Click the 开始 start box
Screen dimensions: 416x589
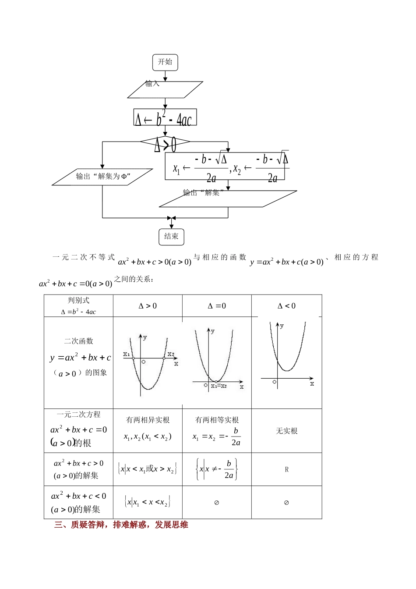pyautogui.click(x=165, y=62)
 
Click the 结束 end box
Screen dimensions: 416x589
pyautogui.click(x=171, y=237)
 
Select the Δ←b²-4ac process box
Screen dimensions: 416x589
pyautogui.click(x=165, y=118)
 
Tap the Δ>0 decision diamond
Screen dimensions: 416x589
pyautogui.click(x=165, y=142)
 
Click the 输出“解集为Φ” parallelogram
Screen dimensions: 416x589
pyautogui.click(x=103, y=177)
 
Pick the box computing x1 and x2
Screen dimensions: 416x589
pyautogui.click(x=225, y=166)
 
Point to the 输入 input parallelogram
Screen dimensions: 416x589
pyautogui.click(x=165, y=89)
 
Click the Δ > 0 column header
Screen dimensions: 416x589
pyautogui.click(x=148, y=306)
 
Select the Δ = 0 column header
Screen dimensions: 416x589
pyautogui.click(x=217, y=306)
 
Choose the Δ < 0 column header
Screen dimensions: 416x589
pyautogui.click(x=286, y=306)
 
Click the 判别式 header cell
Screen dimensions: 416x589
pyautogui.click(x=78, y=306)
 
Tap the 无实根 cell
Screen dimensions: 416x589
pyautogui.click(x=286, y=431)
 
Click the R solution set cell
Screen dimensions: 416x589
pyautogui.click(x=286, y=470)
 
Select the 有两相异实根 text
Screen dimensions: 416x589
pyautogui.click(x=148, y=420)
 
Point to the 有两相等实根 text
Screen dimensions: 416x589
pyautogui.click(x=217, y=420)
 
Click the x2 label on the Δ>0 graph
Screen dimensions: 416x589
pyautogui.click(x=170, y=354)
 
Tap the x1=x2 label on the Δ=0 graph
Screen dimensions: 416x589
pyautogui.click(x=219, y=386)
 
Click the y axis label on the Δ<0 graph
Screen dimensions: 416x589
pyautogui.click(x=282, y=326)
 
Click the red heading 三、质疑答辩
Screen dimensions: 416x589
pyautogui.click(x=121, y=525)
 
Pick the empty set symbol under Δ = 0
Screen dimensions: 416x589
pyautogui.click(x=216, y=503)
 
